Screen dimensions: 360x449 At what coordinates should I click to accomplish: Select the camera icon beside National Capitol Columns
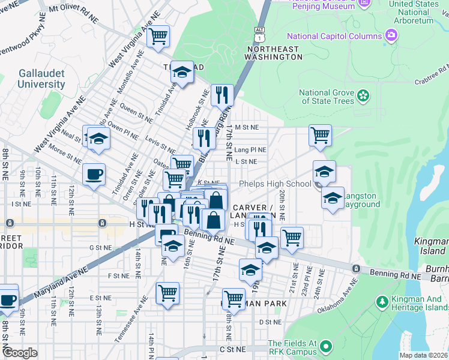tap(391, 36)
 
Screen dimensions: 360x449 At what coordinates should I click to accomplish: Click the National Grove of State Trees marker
tap(363, 95)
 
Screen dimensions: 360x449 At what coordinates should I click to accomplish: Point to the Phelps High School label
tap(275, 184)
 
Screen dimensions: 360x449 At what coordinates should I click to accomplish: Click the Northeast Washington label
tap(273, 53)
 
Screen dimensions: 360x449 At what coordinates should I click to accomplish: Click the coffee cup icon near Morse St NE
tap(94, 175)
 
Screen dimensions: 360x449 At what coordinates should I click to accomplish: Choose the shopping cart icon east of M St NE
tap(321, 135)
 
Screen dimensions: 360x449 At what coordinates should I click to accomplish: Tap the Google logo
tap(20, 353)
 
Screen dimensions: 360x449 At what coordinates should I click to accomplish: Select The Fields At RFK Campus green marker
tap(326, 346)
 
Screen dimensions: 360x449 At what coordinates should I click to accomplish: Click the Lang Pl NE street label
tap(250, 149)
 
